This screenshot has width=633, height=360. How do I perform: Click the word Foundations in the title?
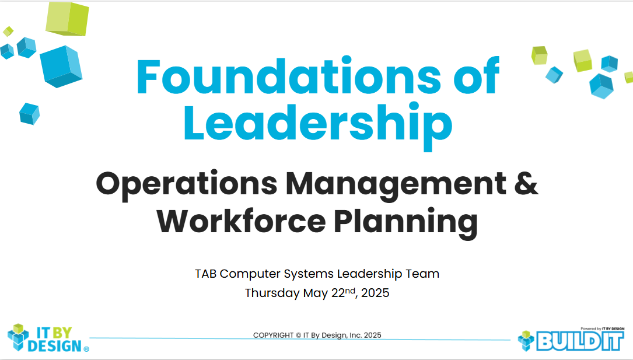tap(289, 76)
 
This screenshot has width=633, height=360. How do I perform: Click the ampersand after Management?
tap(526, 183)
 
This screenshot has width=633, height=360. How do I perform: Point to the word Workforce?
tap(241, 221)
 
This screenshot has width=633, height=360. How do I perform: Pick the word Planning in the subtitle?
tap(406, 224)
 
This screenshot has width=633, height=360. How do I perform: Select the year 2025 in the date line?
tap(375, 293)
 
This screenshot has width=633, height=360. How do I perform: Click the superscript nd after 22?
tap(350, 290)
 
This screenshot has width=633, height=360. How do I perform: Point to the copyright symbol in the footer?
tap(298, 335)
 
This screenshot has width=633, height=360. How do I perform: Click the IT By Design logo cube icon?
tap(18, 337)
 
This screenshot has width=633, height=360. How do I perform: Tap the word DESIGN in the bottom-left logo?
tap(55, 346)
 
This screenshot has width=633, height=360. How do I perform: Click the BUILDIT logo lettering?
tap(580, 341)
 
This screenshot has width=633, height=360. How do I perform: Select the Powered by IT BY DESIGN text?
tap(602, 329)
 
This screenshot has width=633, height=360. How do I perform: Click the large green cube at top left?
tap(67, 19)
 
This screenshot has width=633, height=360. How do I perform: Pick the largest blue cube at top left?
tap(61, 66)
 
